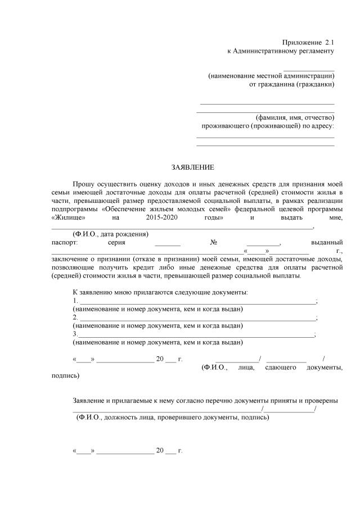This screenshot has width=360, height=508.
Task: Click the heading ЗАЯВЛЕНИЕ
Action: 193,167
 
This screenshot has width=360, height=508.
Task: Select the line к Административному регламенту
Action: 280,51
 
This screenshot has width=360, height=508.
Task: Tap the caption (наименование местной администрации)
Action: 271,76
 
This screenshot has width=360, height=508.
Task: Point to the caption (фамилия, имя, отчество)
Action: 295,117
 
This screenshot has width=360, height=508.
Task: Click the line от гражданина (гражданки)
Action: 291,84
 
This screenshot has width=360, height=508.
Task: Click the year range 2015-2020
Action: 161,217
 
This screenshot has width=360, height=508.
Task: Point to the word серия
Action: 115,242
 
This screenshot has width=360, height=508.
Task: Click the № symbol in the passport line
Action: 213,242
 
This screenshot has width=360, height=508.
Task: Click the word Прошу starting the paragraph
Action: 84,184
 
